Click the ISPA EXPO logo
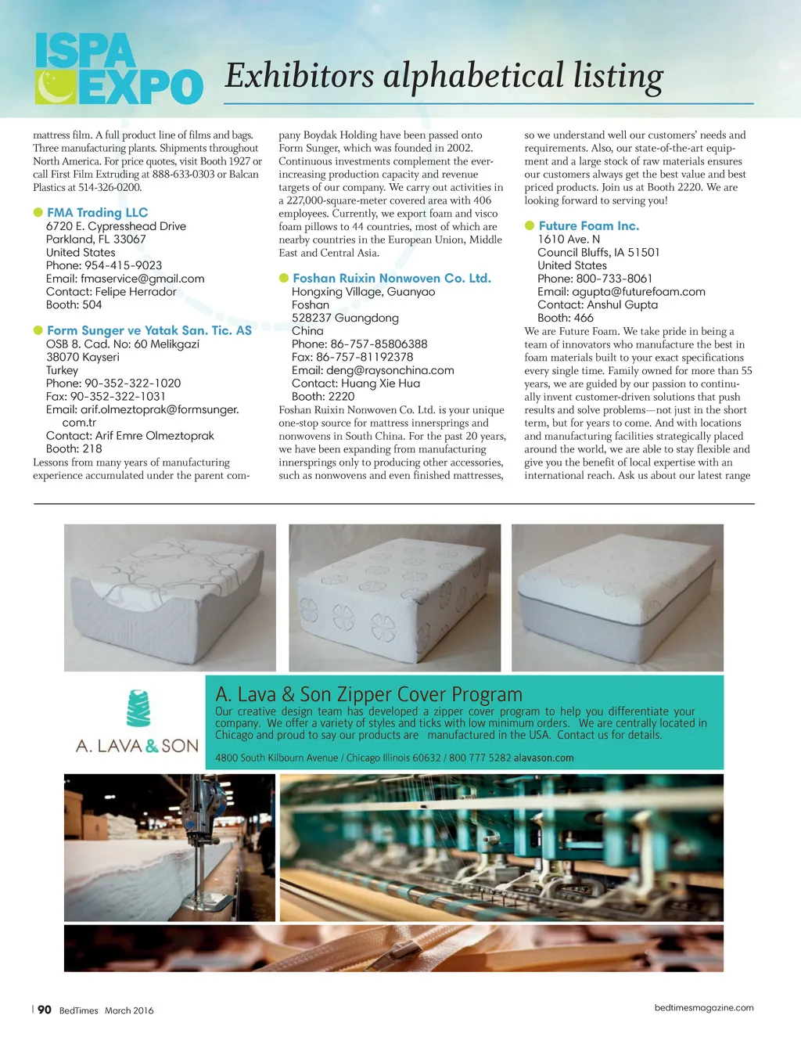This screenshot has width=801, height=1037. (119, 69)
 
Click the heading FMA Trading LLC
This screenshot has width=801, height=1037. (97, 212)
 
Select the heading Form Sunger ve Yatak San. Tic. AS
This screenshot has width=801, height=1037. (149, 330)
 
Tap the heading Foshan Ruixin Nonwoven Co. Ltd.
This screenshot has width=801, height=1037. (391, 278)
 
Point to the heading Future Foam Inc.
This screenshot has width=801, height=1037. (588, 225)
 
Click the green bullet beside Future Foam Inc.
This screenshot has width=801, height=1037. (530, 225)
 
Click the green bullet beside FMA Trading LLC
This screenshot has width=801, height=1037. (38, 212)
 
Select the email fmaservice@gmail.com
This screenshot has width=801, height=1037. (142, 279)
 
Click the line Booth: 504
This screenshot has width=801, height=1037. (74, 304)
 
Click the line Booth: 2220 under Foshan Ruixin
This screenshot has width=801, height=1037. (323, 396)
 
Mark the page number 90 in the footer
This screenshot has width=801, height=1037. (45, 1010)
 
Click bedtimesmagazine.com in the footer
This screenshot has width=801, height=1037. (704, 1007)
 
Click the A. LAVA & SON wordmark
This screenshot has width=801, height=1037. (137, 746)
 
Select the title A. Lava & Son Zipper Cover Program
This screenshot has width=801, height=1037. (368, 694)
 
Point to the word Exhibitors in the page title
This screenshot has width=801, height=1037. (300, 76)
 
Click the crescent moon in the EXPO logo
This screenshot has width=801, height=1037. (56, 87)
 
